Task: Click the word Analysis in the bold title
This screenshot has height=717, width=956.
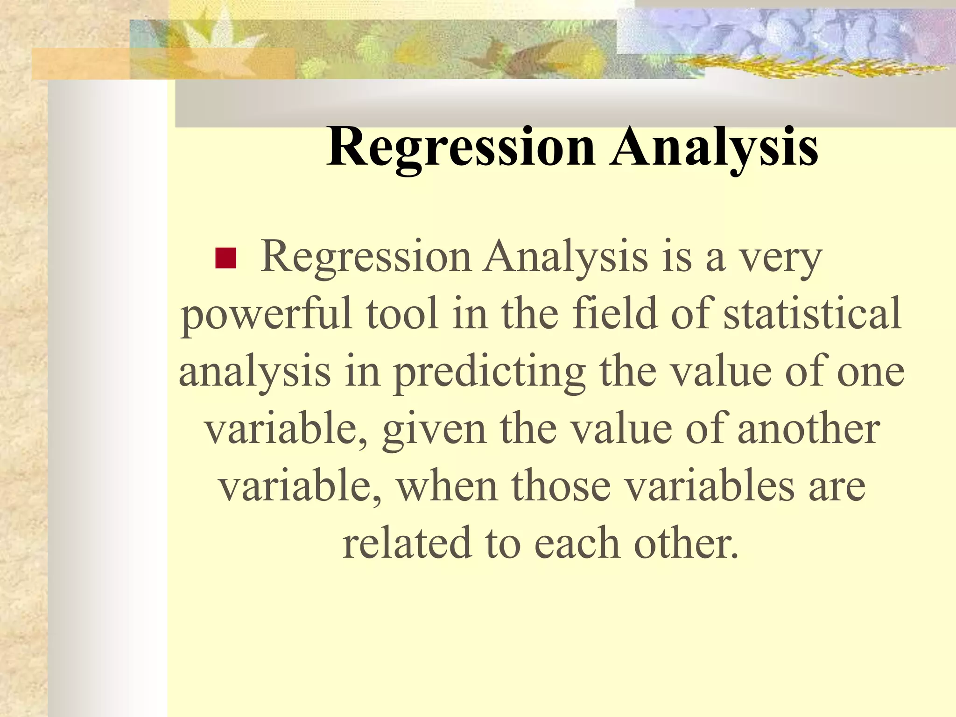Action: point(715,148)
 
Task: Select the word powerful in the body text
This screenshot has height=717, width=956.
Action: point(267,315)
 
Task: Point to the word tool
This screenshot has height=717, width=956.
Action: point(402,314)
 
